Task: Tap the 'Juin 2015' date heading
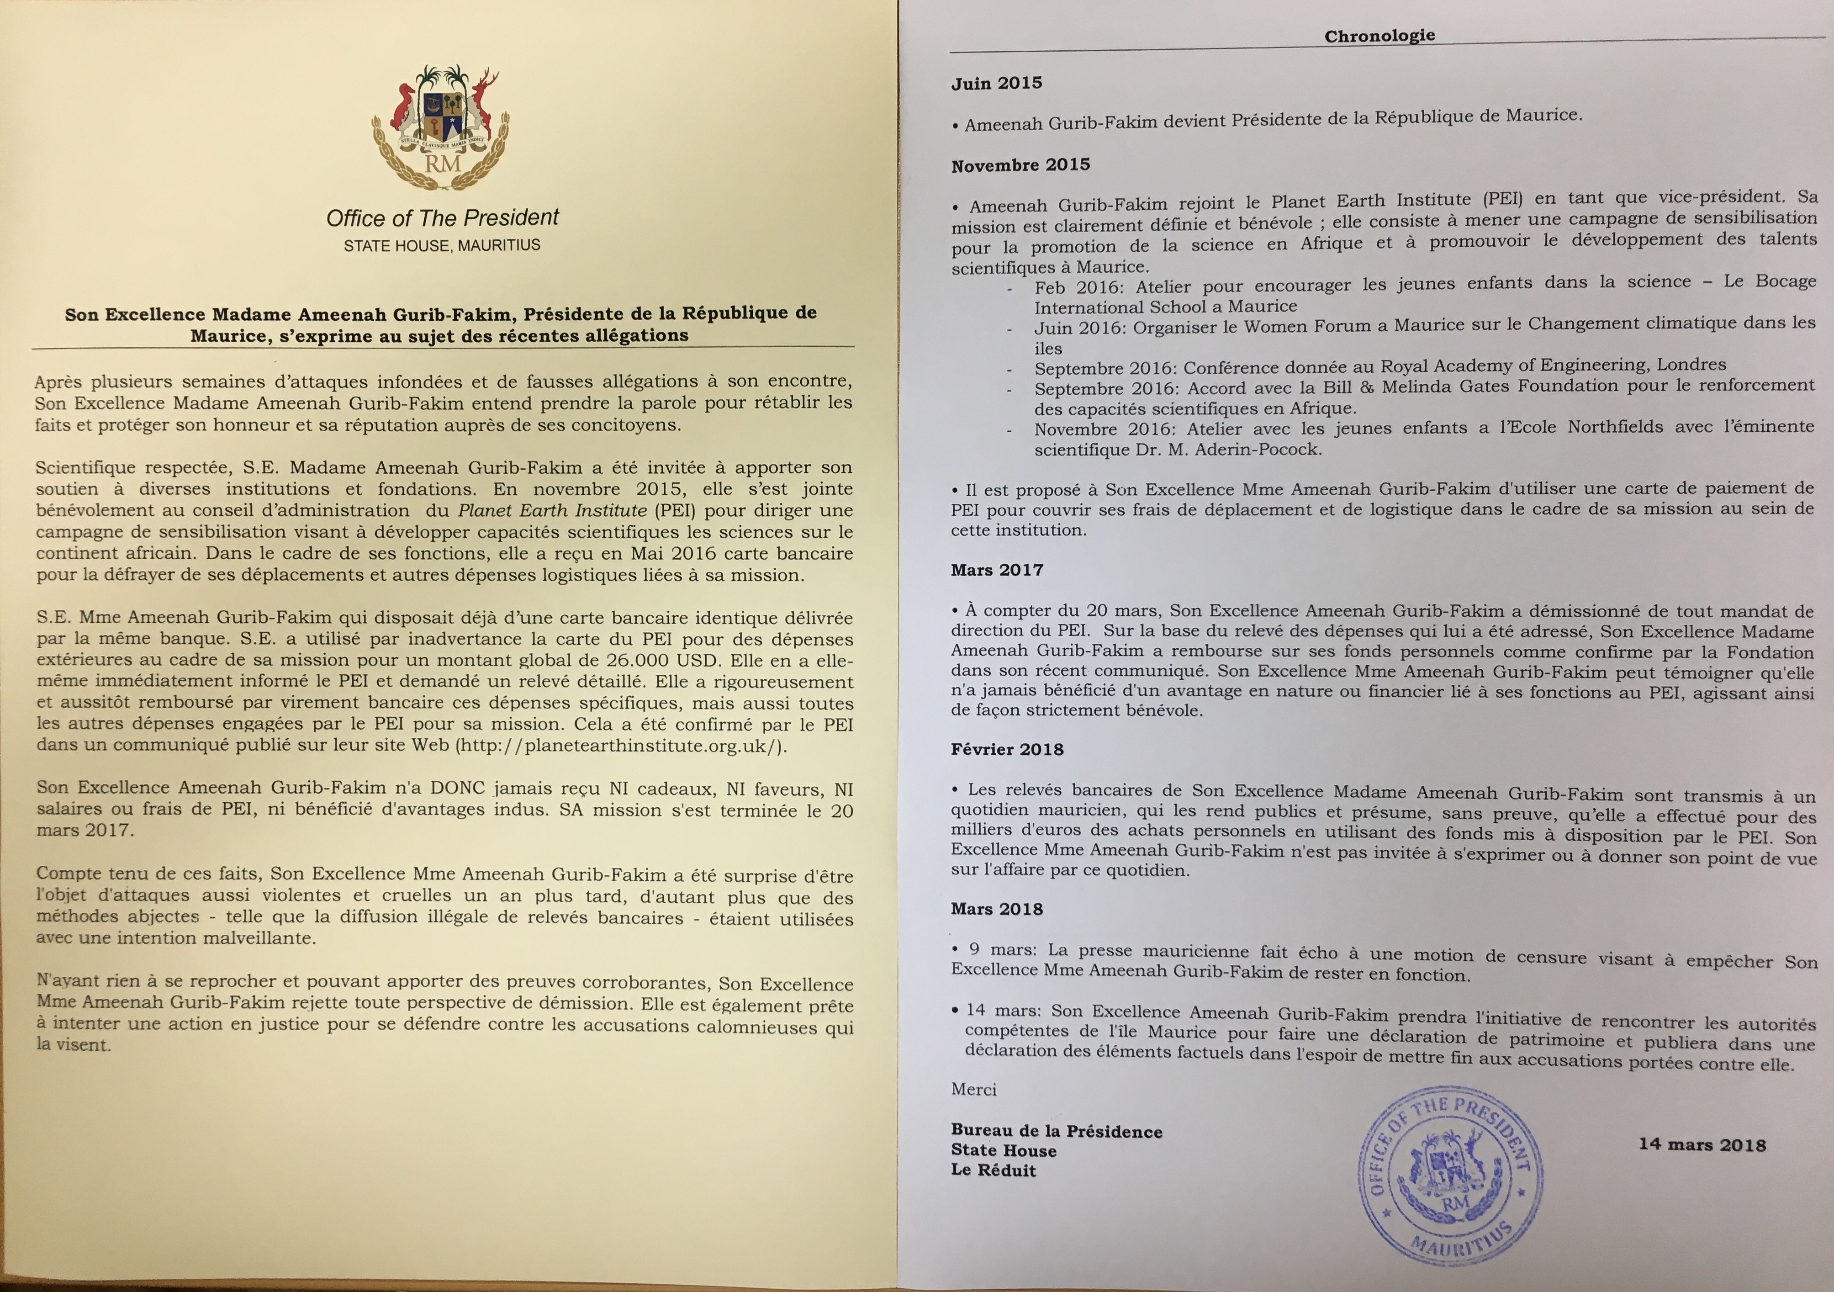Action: click(996, 83)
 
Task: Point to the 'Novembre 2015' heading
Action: click(1020, 165)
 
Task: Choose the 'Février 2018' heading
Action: click(1006, 749)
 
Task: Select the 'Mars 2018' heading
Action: click(996, 909)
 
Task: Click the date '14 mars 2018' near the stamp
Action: click(1702, 1144)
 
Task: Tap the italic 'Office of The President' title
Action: click(442, 217)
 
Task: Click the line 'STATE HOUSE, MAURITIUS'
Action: click(442, 245)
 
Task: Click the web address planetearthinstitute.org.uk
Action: click(619, 746)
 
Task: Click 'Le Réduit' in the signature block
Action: click(993, 1170)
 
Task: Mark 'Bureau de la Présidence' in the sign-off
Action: click(1056, 1131)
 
